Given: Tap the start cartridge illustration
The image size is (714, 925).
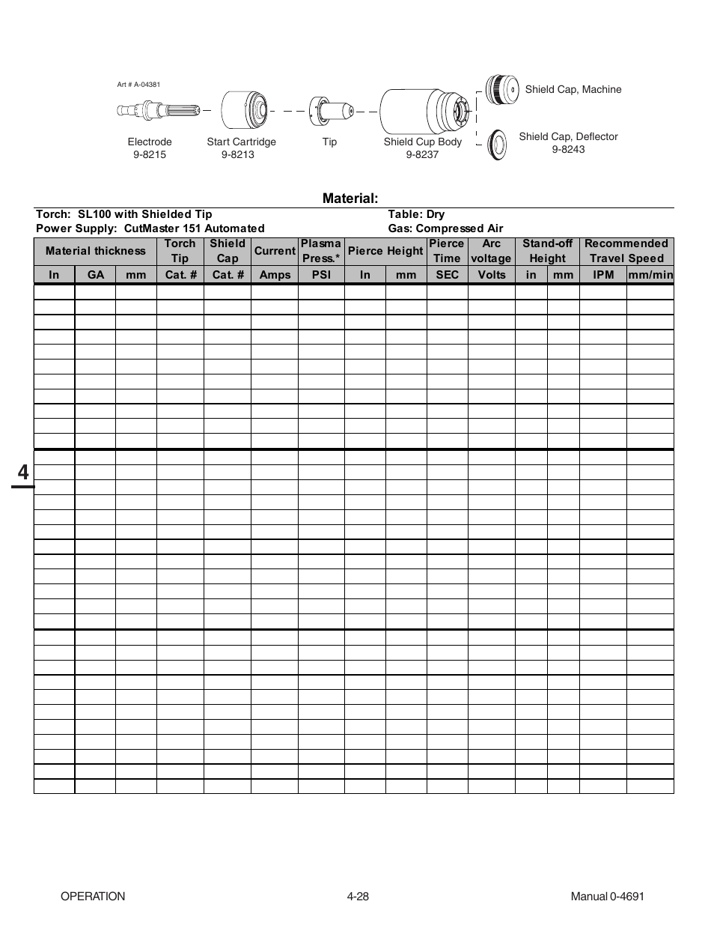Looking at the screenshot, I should point(245,111).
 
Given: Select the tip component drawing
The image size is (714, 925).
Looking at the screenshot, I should point(331,110).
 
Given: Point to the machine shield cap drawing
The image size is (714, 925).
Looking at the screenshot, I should point(501,90).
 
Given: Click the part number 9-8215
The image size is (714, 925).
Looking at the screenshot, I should point(150,154).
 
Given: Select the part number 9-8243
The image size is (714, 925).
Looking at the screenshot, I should point(568,149).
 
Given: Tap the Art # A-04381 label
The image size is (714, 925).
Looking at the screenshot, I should point(138,85).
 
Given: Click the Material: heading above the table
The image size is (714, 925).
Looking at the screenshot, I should point(350,198).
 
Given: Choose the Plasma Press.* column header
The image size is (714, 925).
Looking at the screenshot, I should point(321,251).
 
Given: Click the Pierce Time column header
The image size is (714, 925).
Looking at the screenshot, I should point(447,251).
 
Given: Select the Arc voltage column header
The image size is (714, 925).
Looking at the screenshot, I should point(491,251).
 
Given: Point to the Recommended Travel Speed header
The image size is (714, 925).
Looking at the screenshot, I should point(626,251).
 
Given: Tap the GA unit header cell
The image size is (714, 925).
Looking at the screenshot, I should point(96,275).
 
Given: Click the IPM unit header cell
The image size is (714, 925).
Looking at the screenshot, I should point(603,275).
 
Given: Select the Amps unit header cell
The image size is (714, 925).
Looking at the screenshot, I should point(275,275).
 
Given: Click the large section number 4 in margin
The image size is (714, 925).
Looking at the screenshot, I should point(23,473).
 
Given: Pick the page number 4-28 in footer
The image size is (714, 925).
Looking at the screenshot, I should point(358,897).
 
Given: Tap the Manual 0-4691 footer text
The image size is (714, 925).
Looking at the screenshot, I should point(607,897).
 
